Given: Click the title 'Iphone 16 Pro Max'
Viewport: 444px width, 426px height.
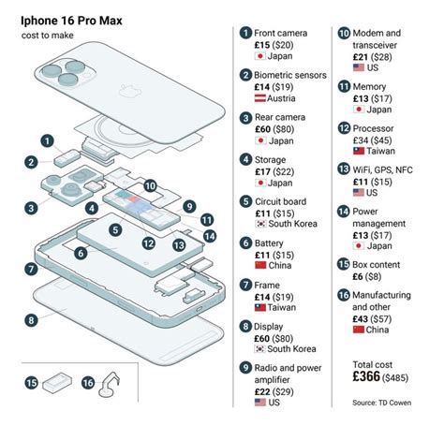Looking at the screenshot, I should [x=65, y=19].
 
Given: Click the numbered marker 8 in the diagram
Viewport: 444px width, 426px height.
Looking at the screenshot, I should [x=31, y=319].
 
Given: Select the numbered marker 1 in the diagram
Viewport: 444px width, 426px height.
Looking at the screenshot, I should [x=45, y=140].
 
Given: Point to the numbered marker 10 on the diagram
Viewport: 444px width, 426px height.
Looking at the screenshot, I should [x=150, y=185].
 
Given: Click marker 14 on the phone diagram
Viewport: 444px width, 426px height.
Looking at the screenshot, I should [x=209, y=236].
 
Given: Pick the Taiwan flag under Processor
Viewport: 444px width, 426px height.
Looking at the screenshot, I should [x=357, y=150].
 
